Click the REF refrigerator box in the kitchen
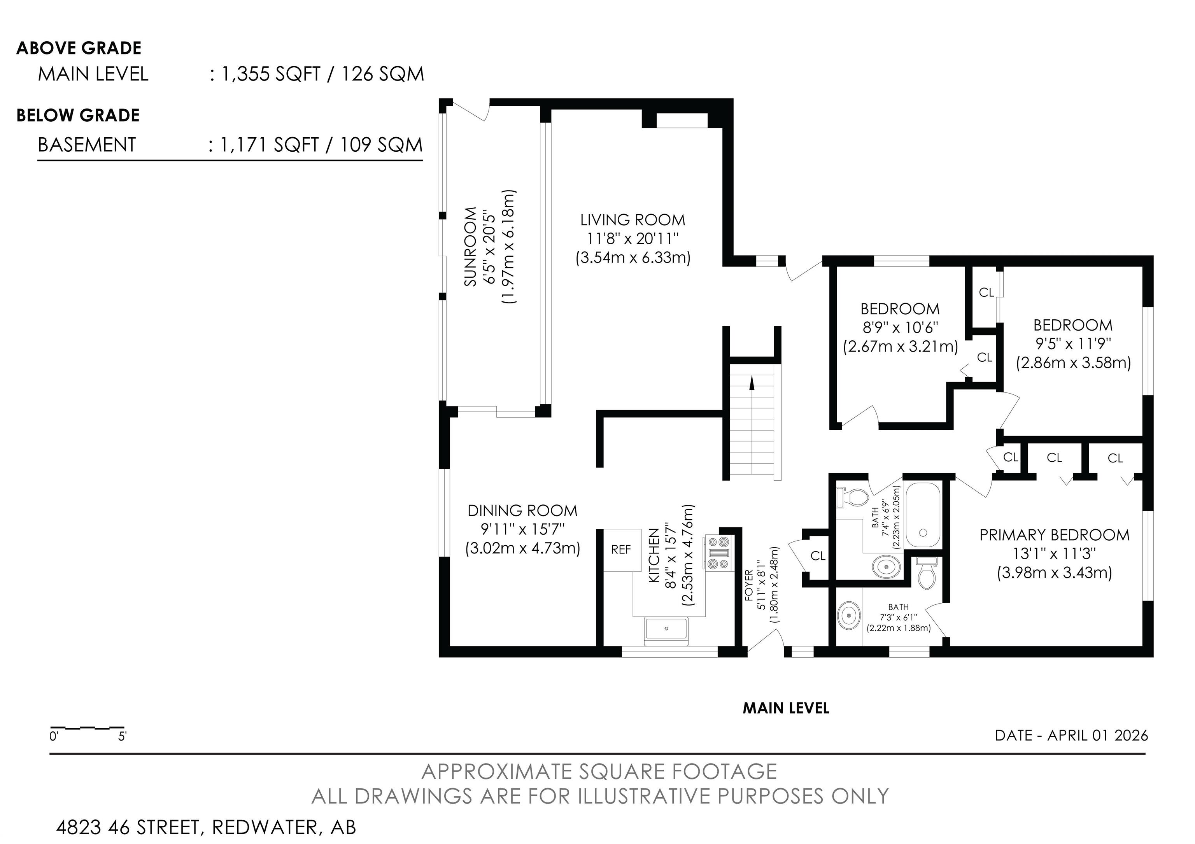pos(622,550)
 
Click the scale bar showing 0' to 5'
pos(88,727)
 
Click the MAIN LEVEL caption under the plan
pos(786,708)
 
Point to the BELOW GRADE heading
pos(78,116)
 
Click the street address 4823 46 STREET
pos(128,827)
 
